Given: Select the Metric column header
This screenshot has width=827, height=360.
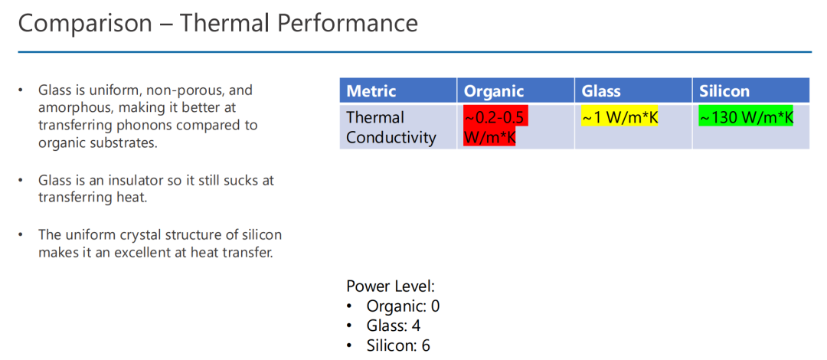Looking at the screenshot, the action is coord(371,91).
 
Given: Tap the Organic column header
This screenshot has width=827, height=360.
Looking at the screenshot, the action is coord(494,91).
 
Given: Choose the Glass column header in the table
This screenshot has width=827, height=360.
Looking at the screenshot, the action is coord(601,91).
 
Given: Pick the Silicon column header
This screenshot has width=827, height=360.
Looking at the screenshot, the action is coord(724,91).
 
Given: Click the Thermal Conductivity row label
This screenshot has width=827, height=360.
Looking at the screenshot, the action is coord(391,127).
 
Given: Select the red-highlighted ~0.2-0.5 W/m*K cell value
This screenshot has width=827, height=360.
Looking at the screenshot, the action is coord(495,126).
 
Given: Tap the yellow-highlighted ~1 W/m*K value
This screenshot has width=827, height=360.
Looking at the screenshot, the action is coord(619,117).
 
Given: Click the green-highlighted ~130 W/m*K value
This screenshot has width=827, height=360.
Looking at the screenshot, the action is coord(746,117).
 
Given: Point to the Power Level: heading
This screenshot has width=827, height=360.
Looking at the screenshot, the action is coord(391,286).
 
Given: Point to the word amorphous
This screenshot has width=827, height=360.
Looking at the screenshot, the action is coord(75,108).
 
